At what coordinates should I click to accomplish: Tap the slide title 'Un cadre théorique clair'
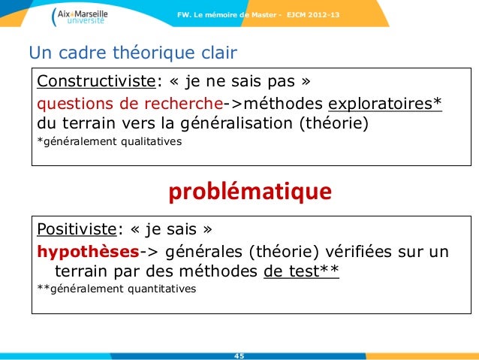(x=132, y=53)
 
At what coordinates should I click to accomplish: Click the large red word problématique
(x=249, y=192)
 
